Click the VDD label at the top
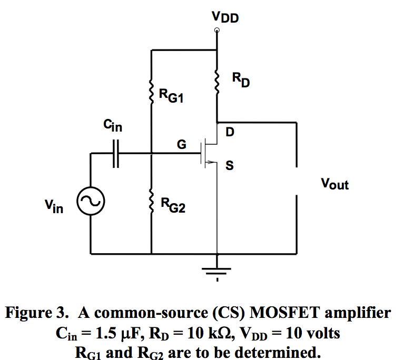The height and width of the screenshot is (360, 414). coord(225,17)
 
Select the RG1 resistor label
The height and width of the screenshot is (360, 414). coord(171,96)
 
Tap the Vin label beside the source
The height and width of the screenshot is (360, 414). coord(54,206)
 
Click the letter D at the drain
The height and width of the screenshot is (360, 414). coord(230,133)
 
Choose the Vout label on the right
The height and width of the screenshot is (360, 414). coord(334,184)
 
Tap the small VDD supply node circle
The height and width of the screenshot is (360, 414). coord(217,31)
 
